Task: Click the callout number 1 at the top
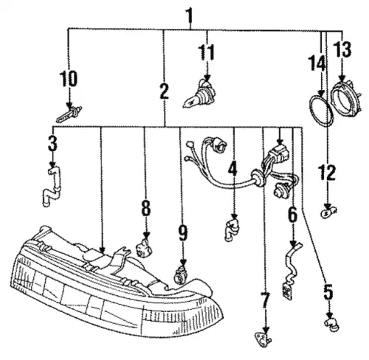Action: click(190, 15)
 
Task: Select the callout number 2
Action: click(165, 91)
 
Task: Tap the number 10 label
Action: click(69, 79)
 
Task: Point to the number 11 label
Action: click(207, 52)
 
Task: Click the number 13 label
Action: click(342, 49)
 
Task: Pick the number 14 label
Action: click(317, 63)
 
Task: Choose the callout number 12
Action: click(327, 173)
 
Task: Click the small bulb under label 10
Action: click(69, 114)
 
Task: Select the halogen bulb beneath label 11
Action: click(200, 94)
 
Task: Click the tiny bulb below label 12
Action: click(329, 212)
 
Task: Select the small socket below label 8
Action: click(145, 249)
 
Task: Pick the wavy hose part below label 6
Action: click(292, 271)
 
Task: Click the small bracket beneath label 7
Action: click(263, 339)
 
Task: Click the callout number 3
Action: click(52, 143)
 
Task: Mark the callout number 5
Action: click(328, 292)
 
